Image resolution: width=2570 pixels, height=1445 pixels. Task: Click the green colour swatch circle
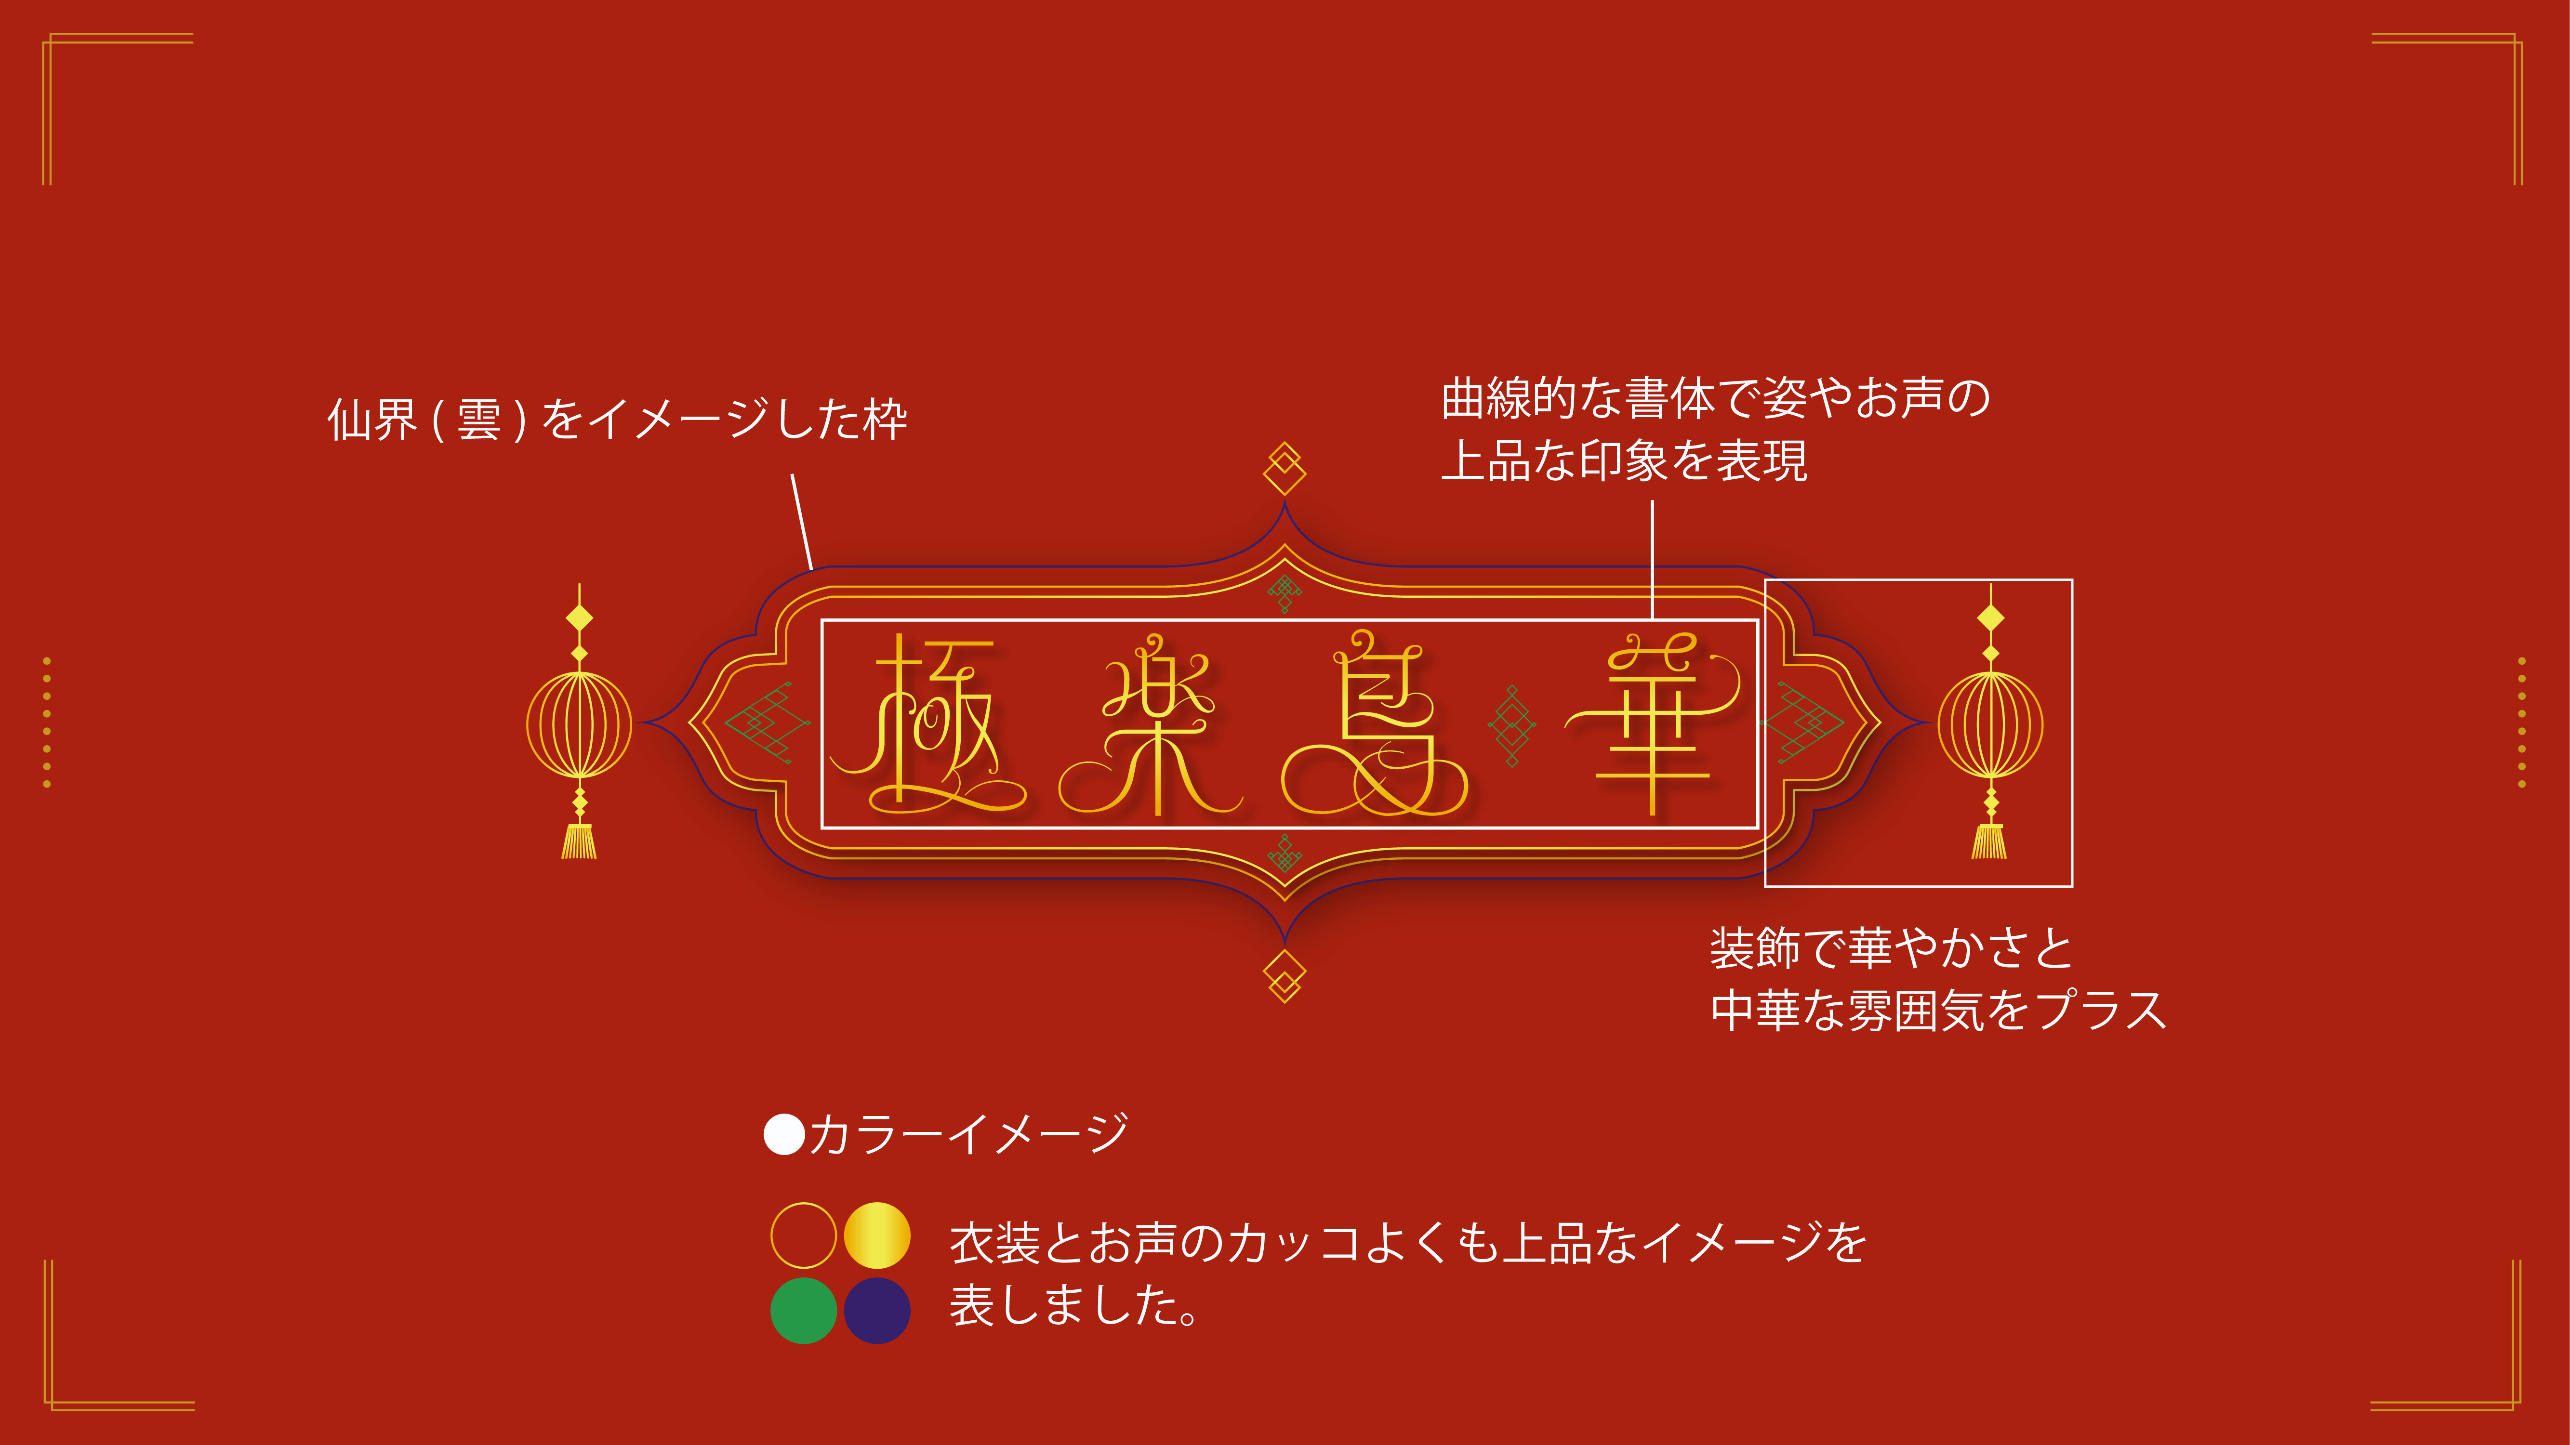coord(803,1310)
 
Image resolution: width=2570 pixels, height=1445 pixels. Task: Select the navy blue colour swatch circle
coord(877,1310)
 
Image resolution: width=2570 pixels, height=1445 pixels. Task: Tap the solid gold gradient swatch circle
coord(877,1235)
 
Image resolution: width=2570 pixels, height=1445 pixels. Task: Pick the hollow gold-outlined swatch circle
coord(803,1235)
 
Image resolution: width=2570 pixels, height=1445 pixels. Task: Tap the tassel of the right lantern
coord(1989,841)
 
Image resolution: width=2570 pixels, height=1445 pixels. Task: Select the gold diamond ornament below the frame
coord(1285,976)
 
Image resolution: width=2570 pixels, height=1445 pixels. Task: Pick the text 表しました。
coord(1073,1304)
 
